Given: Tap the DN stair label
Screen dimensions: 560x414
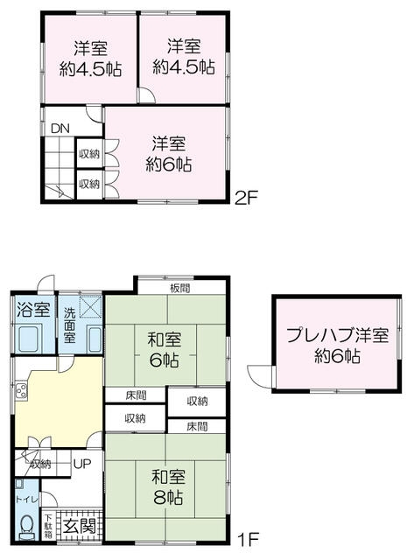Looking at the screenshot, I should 60,129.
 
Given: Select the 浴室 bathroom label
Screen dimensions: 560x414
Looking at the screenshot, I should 30,309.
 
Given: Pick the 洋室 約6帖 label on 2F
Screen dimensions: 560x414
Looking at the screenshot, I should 170,153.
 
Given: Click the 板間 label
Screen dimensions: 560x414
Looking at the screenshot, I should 181,287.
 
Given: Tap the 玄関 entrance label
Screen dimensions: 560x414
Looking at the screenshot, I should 86,527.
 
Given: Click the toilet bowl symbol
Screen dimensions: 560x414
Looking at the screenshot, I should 27,525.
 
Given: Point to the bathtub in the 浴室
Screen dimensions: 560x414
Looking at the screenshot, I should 30,337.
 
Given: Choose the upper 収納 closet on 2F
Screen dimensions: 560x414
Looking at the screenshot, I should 89,153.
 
